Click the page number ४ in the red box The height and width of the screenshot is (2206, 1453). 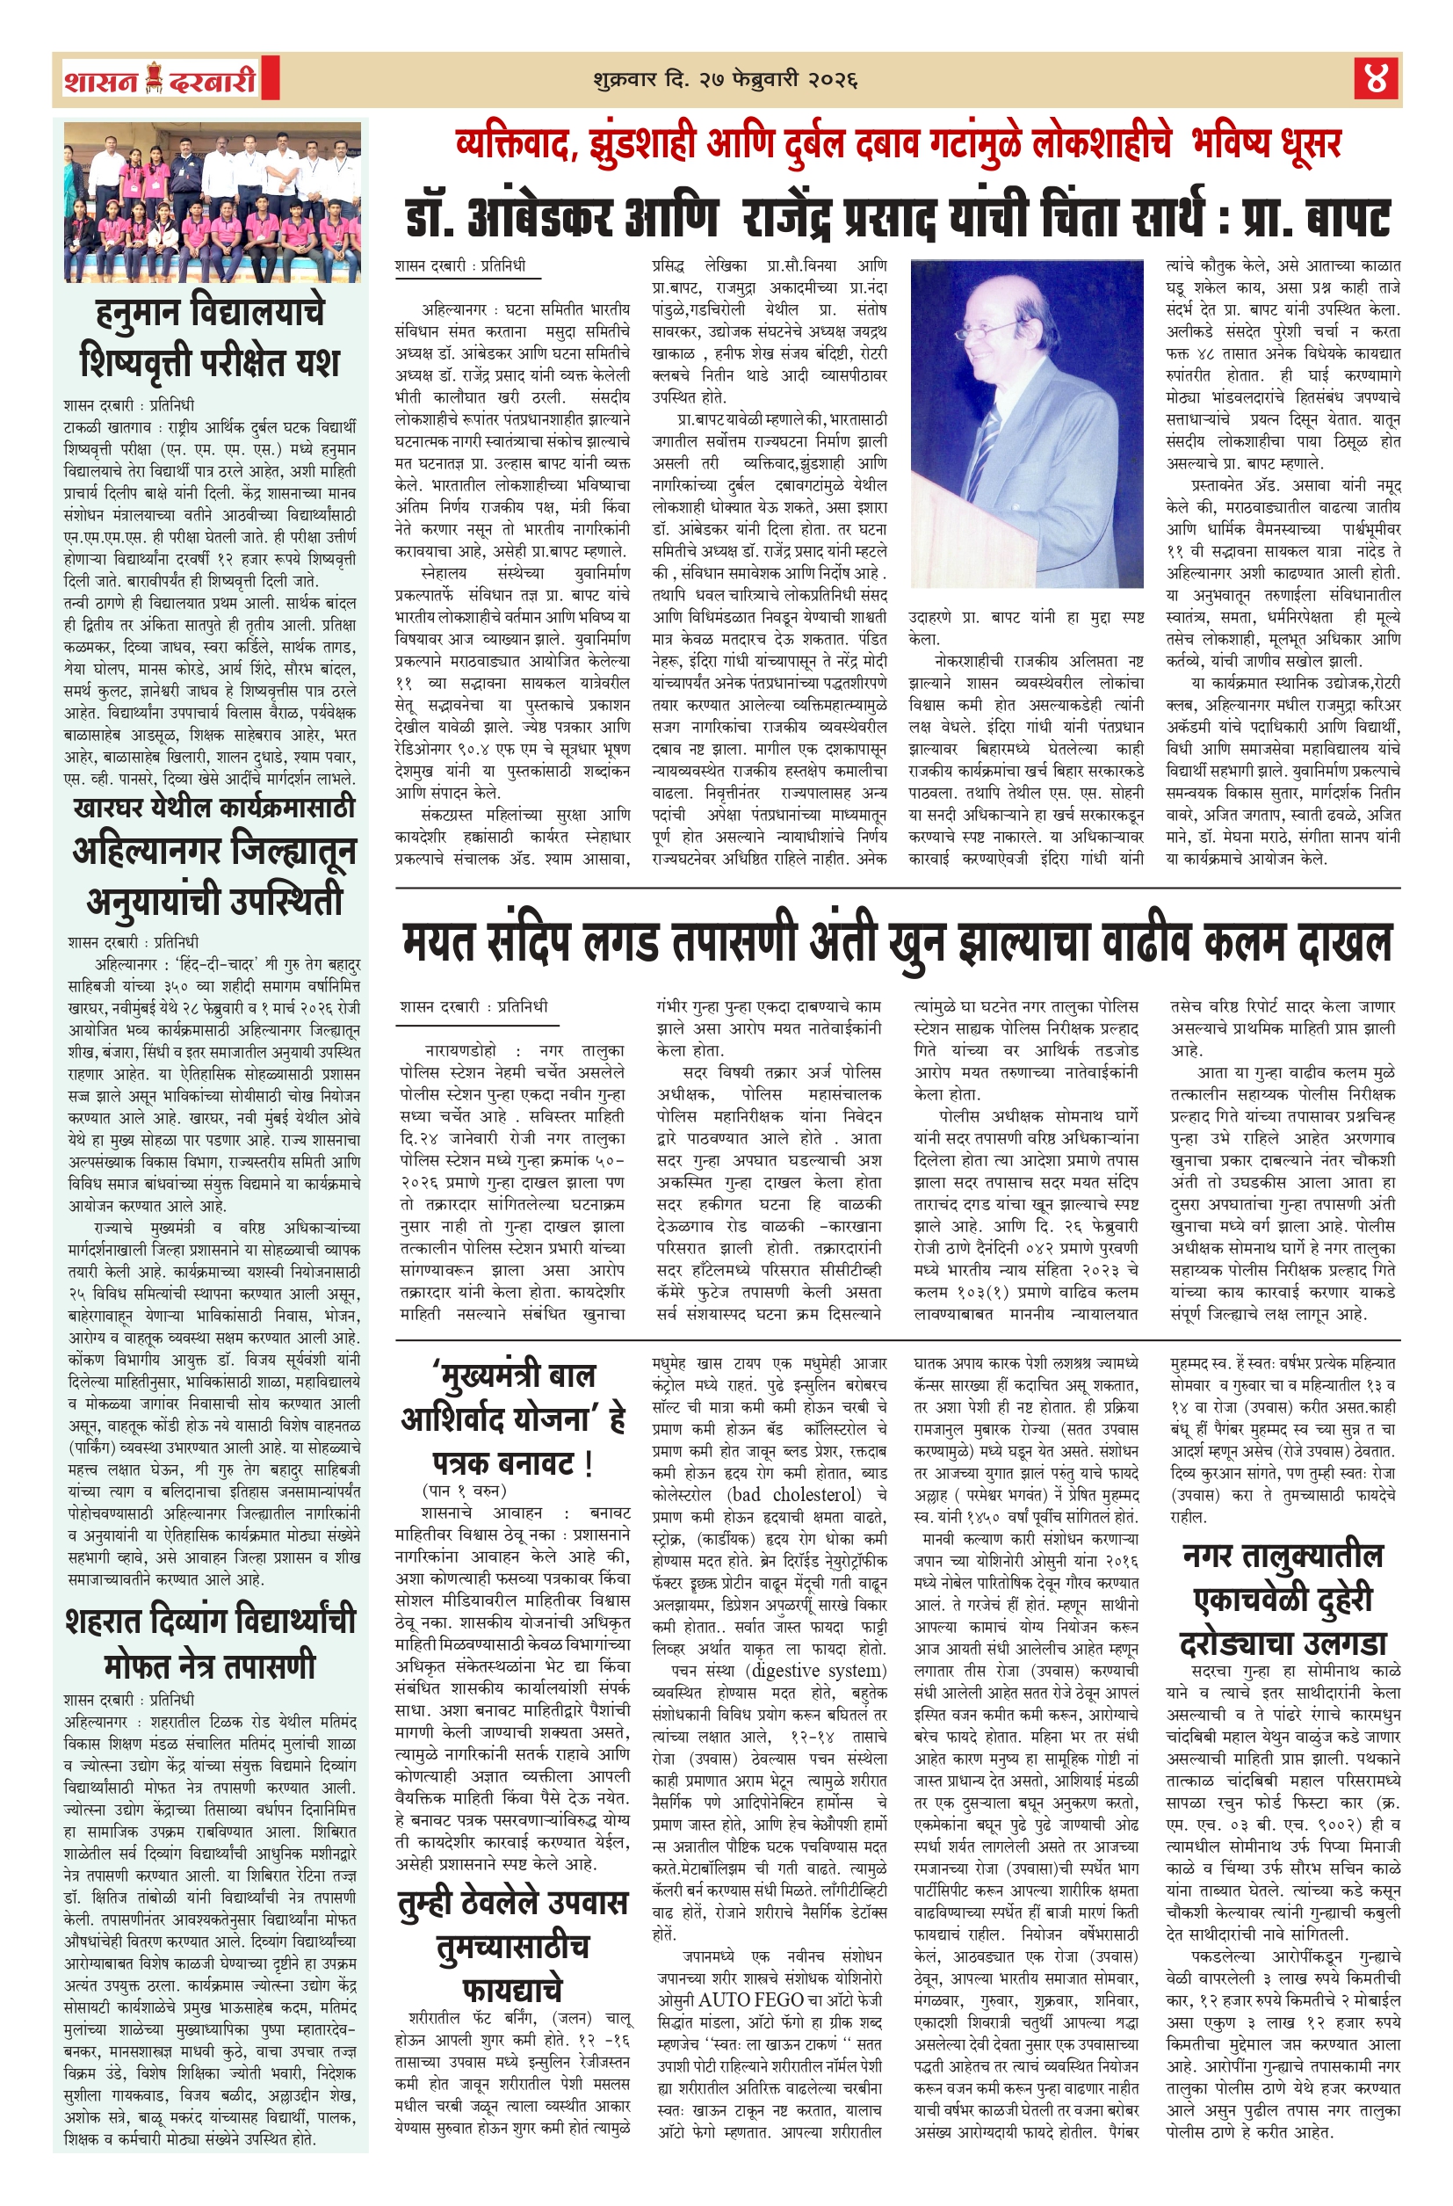pos(1376,79)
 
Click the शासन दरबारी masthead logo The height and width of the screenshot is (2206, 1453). pos(160,81)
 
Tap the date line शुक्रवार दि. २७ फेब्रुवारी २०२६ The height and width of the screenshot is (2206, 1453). pos(725,80)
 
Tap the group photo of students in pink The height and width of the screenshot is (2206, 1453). pos(213,202)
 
